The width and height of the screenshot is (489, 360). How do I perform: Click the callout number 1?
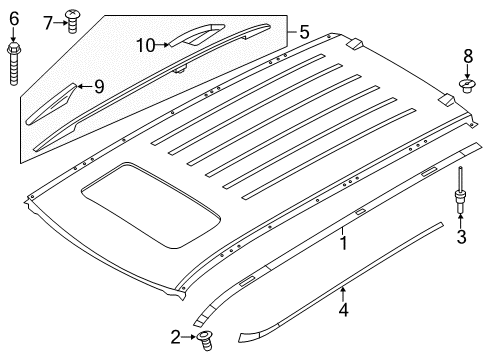point(343,241)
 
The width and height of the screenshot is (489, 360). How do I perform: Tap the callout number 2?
point(175,336)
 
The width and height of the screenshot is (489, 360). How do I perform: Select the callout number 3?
point(461,236)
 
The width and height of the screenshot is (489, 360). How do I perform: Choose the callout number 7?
point(48,21)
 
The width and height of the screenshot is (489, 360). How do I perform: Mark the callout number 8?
point(466,55)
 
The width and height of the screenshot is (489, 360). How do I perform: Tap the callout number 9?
point(99,86)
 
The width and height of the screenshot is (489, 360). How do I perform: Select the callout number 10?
point(146,44)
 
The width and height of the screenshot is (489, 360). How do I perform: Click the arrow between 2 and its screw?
point(189,336)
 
